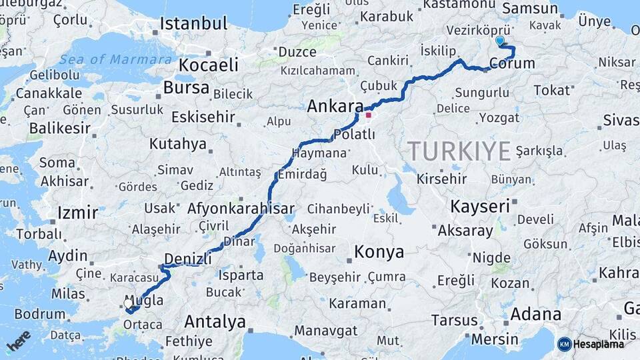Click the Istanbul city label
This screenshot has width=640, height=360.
click(x=193, y=25)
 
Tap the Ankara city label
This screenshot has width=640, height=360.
click(x=335, y=106)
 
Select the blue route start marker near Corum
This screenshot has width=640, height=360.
click(x=500, y=41)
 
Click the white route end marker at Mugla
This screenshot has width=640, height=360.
click(x=128, y=303)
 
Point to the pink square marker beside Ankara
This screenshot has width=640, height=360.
click(x=368, y=115)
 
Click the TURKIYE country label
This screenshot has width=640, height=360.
click(x=459, y=151)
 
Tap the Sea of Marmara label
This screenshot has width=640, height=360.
click(x=115, y=59)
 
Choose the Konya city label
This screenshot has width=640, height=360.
click(x=379, y=252)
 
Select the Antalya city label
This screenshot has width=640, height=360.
click(x=215, y=322)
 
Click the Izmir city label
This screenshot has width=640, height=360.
click(x=77, y=213)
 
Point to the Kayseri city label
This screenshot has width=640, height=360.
click(x=480, y=206)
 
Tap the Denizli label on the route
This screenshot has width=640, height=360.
click(x=187, y=258)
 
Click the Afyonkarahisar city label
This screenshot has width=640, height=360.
click(x=241, y=208)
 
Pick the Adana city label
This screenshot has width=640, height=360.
click(x=536, y=314)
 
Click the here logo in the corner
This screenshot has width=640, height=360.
click(x=19, y=341)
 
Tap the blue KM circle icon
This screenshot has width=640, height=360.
click(x=564, y=344)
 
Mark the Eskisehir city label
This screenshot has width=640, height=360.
click(x=203, y=117)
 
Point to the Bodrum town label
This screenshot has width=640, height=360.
click(x=39, y=313)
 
